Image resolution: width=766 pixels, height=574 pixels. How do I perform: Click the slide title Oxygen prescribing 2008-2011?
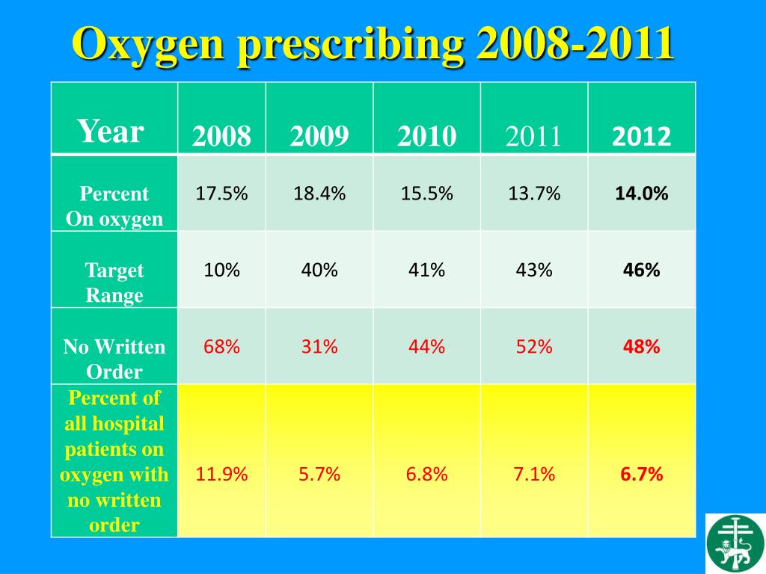[373, 44]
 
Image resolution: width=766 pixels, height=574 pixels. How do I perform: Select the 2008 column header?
[221, 137]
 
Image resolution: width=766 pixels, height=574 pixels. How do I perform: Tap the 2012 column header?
[641, 137]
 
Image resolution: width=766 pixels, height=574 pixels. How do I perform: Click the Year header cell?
[111, 132]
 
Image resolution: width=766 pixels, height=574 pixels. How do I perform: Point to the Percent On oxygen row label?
[114, 206]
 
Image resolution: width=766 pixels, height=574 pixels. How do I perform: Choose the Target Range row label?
[114, 283]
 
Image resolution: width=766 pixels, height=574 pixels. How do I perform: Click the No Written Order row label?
[114, 359]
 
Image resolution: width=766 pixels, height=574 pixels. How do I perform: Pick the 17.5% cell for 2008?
[221, 194]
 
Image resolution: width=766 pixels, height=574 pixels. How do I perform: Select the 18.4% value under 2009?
[319, 194]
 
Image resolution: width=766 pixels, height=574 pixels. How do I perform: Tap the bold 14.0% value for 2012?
[641, 194]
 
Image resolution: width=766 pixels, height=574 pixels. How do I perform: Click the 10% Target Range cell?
[221, 271]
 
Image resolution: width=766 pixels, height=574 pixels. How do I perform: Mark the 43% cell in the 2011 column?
[534, 271]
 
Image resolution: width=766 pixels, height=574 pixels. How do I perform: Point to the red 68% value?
[221, 347]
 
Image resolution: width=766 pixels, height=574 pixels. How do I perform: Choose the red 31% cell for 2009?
[319, 347]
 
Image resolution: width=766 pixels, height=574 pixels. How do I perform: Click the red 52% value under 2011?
[534, 347]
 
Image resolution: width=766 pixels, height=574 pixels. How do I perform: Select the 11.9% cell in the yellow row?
[221, 475]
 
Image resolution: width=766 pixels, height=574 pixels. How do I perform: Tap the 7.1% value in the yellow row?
[534, 475]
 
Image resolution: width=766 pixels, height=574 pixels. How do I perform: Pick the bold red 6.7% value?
[641, 475]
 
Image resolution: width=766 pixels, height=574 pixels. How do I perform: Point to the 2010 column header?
[426, 137]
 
